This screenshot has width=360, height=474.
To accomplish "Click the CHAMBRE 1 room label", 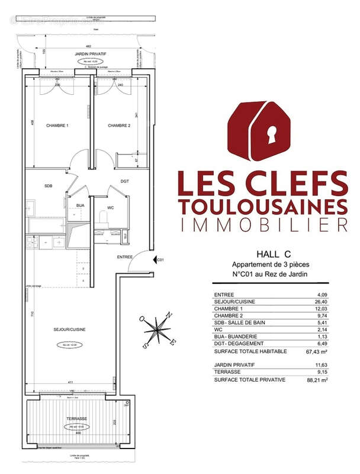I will tap(57, 126).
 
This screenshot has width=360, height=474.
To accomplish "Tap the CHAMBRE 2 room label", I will tap(118, 126).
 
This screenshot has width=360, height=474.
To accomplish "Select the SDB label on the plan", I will tap(49, 186).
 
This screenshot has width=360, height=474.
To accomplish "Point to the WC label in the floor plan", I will tap(111, 208).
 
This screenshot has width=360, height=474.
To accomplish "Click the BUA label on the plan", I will tap(80, 206).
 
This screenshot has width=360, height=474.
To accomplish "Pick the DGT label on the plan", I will tap(125, 181).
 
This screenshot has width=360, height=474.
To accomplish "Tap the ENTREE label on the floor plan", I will tap(124, 257).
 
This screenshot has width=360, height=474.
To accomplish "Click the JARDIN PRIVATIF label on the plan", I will tap(89, 54).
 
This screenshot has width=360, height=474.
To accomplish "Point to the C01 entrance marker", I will tap(159, 260).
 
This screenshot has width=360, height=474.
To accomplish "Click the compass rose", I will tap(156, 329).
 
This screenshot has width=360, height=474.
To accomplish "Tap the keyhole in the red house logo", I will tap(272, 134).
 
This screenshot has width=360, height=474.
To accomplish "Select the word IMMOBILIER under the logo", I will tap(263, 225).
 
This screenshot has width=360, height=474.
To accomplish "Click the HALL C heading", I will tap(263, 252).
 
